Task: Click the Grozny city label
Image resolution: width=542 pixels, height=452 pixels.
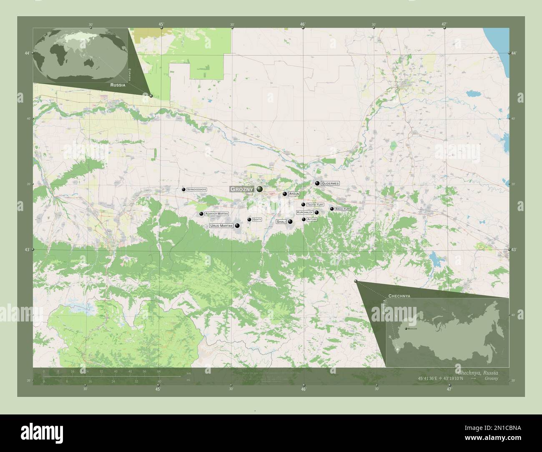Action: [x=242, y=189]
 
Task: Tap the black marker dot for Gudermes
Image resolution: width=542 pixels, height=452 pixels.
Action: [x=317, y=183]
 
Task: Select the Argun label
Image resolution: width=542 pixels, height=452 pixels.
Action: [x=294, y=194]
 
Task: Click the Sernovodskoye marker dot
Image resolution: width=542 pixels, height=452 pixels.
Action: [x=183, y=189]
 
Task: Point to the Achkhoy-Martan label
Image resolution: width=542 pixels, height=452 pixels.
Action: [x=216, y=213]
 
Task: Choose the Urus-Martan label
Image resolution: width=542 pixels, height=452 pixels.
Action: [x=221, y=226]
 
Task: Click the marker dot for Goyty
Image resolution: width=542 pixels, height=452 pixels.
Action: [x=249, y=219]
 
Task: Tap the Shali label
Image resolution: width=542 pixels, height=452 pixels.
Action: [x=281, y=221]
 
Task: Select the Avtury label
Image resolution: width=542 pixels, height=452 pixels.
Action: [x=312, y=219]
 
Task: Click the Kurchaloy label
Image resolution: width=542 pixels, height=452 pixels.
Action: [x=305, y=212]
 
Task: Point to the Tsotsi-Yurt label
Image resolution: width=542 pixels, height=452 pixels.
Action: [x=315, y=205]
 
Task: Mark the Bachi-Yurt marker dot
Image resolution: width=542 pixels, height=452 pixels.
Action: [x=332, y=208]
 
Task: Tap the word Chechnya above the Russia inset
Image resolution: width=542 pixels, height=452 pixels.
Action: [x=399, y=295]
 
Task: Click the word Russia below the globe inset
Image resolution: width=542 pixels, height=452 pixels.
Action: [x=118, y=84]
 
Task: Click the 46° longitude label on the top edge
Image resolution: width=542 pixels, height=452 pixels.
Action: [x=303, y=24]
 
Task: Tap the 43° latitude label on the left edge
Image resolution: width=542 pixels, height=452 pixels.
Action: [x=27, y=250]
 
